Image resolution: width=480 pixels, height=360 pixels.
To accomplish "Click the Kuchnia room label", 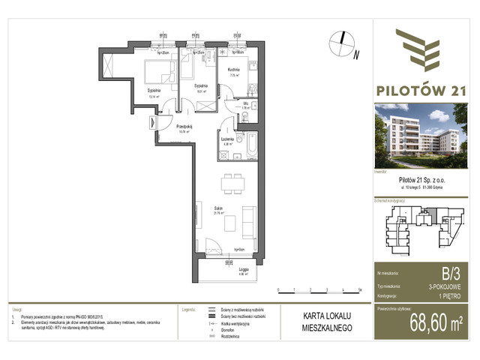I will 233,70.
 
